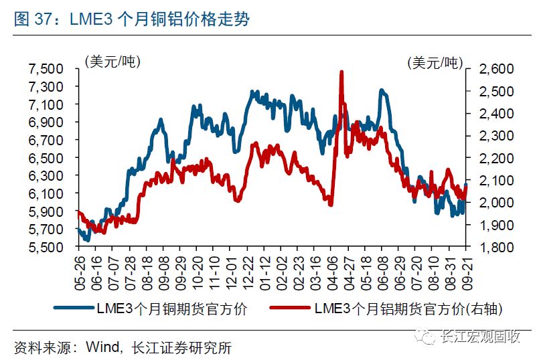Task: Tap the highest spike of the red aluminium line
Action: (341, 72)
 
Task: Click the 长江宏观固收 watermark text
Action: (480, 337)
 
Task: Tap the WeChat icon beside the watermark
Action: (427, 337)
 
